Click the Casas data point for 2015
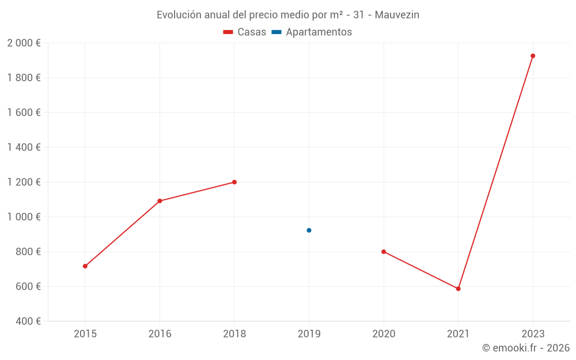(x=85, y=266)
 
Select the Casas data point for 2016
(x=160, y=201)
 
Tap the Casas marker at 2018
(x=234, y=182)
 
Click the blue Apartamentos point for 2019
(x=309, y=230)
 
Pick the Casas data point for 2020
(x=384, y=252)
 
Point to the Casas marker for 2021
(x=458, y=289)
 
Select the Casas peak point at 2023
(x=533, y=56)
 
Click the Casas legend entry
(x=245, y=32)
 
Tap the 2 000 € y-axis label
(x=24, y=43)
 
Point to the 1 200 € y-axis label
(x=24, y=182)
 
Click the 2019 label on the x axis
(x=309, y=334)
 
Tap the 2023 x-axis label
(x=533, y=334)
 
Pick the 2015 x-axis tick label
(x=85, y=334)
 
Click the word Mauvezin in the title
(x=397, y=14)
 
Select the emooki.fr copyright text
(x=526, y=348)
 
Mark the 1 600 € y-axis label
(x=24, y=113)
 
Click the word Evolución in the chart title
(x=179, y=14)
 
